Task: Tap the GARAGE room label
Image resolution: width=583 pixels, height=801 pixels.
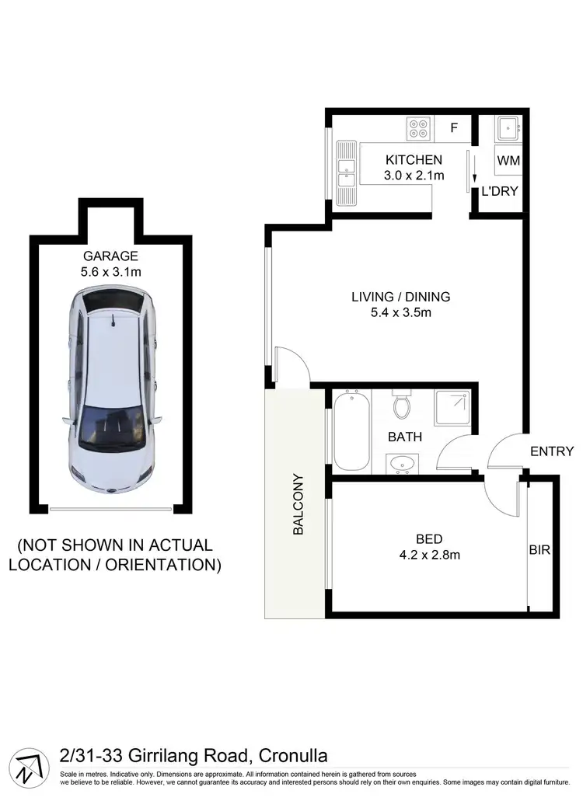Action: click(x=111, y=256)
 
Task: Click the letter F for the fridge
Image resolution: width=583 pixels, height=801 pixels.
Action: click(x=455, y=128)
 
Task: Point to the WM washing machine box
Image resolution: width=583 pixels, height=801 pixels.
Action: click(x=508, y=161)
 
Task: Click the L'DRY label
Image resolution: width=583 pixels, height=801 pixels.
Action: click(x=500, y=191)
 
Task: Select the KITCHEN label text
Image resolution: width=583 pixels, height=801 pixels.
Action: click(x=414, y=160)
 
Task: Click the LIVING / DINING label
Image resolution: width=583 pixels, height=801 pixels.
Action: click(x=400, y=297)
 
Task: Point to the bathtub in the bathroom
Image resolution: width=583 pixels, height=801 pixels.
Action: click(x=351, y=431)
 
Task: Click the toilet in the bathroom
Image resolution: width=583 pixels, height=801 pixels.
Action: click(x=402, y=405)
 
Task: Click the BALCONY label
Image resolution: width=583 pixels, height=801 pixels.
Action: click(x=298, y=505)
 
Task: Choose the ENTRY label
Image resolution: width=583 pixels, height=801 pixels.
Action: click(x=552, y=451)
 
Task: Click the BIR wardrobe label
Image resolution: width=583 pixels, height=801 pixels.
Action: click(x=539, y=550)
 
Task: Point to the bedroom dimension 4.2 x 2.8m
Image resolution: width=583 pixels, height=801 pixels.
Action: click(x=429, y=555)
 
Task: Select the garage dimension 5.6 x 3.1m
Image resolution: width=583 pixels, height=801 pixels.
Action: click(x=111, y=271)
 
